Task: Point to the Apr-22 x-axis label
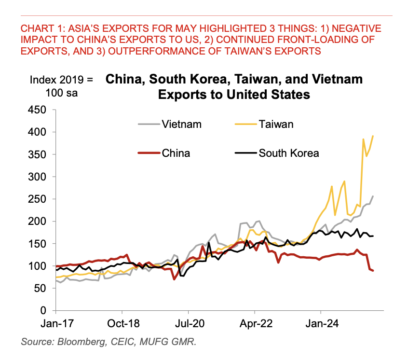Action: click(255, 323)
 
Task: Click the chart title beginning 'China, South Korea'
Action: click(234, 86)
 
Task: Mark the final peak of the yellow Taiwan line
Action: click(373, 136)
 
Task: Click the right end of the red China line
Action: click(373, 271)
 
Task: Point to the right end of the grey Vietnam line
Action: click(373, 196)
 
